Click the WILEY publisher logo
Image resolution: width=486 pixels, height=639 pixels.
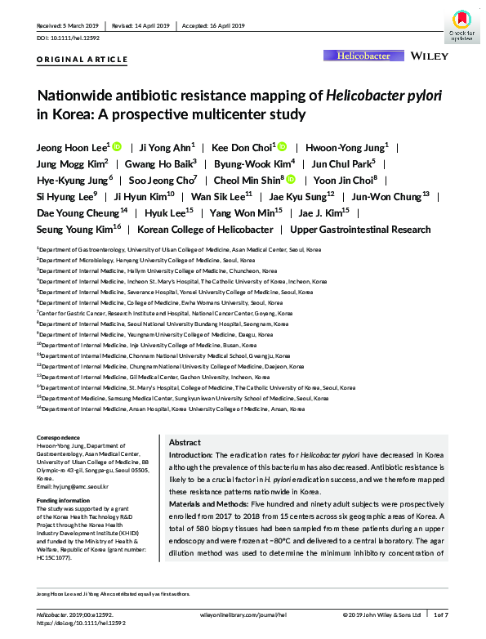[429, 56]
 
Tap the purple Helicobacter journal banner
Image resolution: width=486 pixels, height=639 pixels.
[363, 56]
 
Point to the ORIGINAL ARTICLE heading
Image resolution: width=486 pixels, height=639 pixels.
[82, 60]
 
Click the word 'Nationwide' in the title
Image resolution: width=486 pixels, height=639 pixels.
[78, 96]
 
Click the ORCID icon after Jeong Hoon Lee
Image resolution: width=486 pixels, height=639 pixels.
[117, 147]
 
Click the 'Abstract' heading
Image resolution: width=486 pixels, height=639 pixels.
[185, 440]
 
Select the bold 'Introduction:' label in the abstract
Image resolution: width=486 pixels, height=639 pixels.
[190, 454]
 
